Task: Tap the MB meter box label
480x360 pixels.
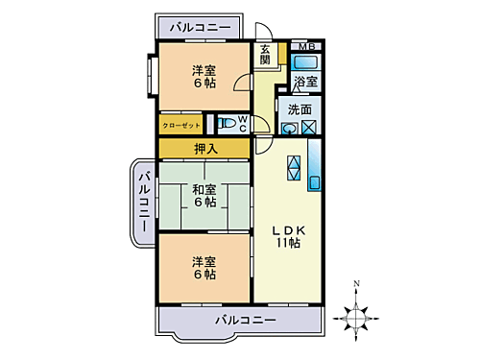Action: [x=306, y=47]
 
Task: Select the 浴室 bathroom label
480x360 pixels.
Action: [x=305, y=84]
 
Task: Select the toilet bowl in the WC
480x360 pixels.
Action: [x=225, y=123]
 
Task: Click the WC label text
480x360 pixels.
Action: [x=243, y=123]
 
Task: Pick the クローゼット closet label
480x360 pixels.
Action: [x=180, y=124]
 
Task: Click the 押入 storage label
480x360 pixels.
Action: [x=204, y=148]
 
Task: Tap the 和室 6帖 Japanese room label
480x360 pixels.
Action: [x=204, y=195]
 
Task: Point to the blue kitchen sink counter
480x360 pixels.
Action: [x=316, y=167]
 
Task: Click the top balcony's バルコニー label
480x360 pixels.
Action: [x=200, y=28]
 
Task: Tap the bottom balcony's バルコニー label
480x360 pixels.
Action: [x=246, y=319]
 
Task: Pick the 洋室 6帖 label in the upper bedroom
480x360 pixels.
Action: [x=203, y=76]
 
